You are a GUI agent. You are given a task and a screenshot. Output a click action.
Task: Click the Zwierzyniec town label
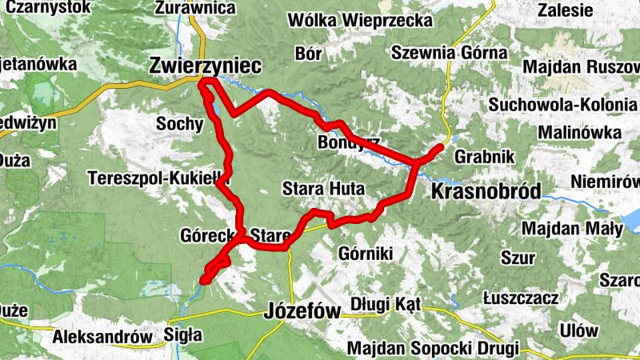point(205,67)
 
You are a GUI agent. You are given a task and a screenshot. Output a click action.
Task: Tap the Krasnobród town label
point(485,190)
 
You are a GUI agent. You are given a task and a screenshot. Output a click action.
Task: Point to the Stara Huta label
point(323,190)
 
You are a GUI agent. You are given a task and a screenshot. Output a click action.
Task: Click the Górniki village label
point(365,254)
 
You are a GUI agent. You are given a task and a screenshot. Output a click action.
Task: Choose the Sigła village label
point(182,334)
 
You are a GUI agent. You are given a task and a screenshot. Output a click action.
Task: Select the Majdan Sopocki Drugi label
point(433,348)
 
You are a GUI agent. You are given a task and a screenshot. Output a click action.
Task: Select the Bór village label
point(308,54)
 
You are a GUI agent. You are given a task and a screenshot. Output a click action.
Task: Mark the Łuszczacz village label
point(521,298)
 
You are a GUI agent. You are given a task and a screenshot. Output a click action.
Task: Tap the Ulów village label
point(578,330)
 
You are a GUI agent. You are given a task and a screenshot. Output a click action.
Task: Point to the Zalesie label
point(566,10)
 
